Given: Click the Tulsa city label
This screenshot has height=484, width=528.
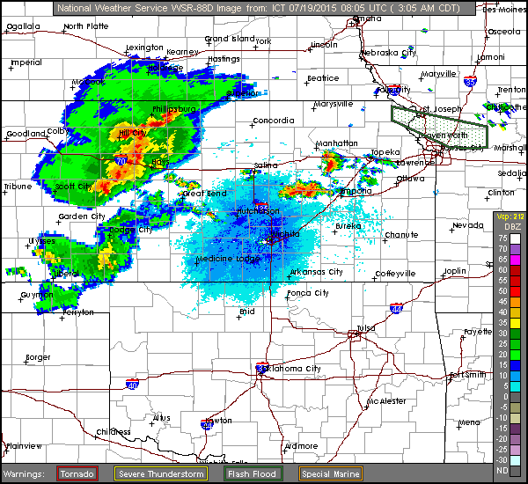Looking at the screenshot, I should click(x=365, y=327).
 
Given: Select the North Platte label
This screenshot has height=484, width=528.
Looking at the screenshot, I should click(x=85, y=26).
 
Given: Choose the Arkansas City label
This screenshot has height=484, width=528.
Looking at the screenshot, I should click(x=317, y=270).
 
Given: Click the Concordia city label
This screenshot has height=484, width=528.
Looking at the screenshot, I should click(x=274, y=120).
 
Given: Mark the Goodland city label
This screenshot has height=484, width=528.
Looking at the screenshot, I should click(x=26, y=133).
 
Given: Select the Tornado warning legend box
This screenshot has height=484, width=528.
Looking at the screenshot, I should click(x=77, y=473).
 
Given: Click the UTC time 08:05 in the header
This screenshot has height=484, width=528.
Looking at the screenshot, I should click(x=316, y=9).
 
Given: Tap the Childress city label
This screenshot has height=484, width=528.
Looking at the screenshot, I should click(x=114, y=432).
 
